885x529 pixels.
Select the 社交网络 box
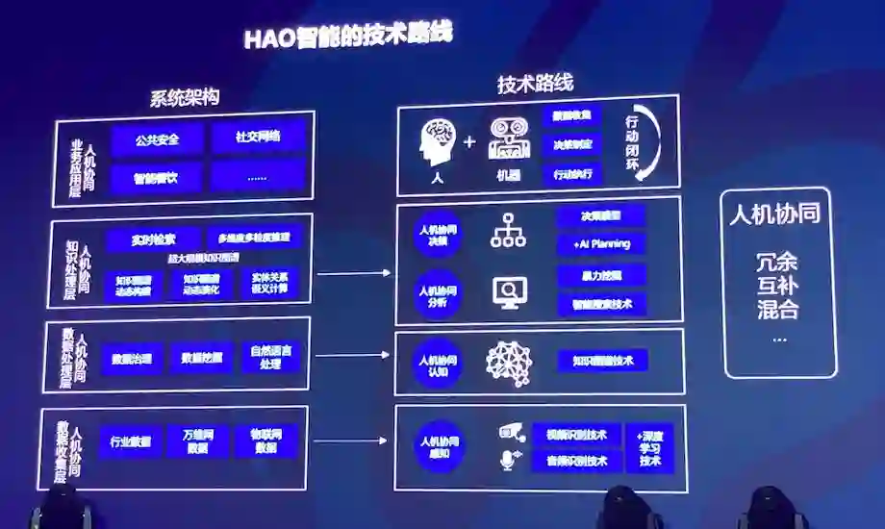click(258, 137)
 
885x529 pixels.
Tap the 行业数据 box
click(130, 442)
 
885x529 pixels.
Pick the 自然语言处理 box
click(272, 356)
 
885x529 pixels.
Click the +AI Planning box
click(601, 244)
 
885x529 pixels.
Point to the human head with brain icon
click(438, 141)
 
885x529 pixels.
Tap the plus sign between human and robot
click(469, 142)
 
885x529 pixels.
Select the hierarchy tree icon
click(507, 231)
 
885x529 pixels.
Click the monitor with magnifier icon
click(509, 290)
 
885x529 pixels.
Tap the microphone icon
click(507, 461)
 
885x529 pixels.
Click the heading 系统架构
click(185, 97)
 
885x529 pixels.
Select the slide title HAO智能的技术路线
click(347, 35)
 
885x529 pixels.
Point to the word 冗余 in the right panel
click(777, 262)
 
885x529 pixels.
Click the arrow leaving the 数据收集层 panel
click(352, 442)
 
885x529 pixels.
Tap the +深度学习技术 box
click(649, 447)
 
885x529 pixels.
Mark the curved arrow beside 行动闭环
click(650, 142)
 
